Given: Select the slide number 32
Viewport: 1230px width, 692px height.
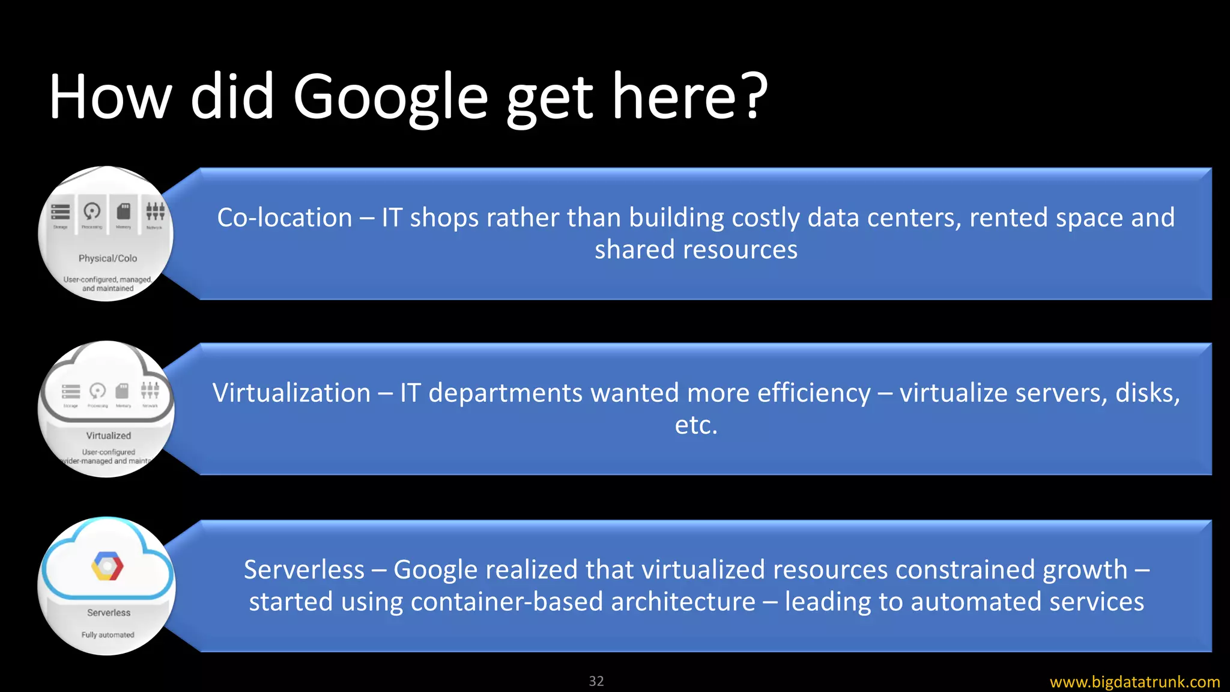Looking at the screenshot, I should point(596,681).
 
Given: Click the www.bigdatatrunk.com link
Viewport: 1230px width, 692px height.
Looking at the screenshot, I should point(1135,682).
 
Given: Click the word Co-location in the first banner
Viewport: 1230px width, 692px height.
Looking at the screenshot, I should point(284,217).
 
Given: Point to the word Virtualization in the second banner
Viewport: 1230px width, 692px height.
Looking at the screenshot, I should point(291,393).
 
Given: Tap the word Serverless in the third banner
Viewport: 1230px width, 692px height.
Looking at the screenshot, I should point(304,569).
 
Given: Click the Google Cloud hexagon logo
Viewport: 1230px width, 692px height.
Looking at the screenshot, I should point(108,566).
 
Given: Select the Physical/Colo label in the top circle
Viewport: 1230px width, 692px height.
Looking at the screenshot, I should point(108,258).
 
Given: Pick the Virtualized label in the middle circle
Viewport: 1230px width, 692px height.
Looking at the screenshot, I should point(108,436).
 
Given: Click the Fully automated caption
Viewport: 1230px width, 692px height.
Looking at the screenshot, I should point(108,635).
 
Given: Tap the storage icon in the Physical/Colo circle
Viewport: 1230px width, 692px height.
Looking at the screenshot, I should point(61,212).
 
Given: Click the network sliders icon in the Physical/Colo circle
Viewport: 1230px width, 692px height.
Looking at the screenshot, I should point(155,211).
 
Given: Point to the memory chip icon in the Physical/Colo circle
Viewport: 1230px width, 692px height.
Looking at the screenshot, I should point(124,211).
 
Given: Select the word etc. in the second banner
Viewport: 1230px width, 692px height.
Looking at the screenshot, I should point(696,425).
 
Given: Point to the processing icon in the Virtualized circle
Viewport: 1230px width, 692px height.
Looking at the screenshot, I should point(97,391).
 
